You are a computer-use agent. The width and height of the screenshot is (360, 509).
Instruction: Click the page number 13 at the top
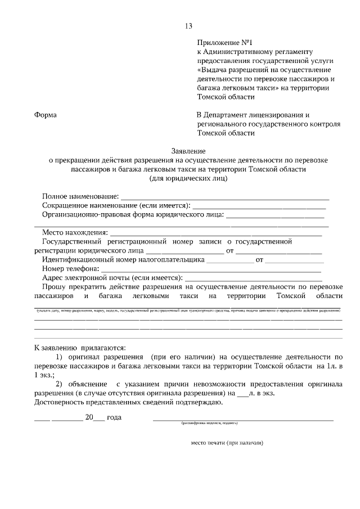tap(188, 26)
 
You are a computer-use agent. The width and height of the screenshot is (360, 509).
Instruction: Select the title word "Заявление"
tap(188, 151)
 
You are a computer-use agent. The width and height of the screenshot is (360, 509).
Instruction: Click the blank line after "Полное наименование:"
tap(225, 198)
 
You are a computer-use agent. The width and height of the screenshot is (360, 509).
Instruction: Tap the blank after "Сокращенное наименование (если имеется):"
tap(259, 207)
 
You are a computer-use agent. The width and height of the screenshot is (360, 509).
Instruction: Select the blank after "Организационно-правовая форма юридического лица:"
tap(275, 216)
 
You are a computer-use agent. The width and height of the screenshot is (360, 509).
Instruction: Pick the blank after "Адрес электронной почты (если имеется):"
tap(254, 279)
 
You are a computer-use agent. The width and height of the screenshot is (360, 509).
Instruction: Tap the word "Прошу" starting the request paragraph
tap(53, 287)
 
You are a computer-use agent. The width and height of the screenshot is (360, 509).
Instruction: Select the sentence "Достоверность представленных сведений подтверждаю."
tap(129, 402)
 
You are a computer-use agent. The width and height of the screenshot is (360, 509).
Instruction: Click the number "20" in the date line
tap(89, 418)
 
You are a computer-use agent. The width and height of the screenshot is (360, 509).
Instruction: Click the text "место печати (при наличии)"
tap(227, 443)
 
